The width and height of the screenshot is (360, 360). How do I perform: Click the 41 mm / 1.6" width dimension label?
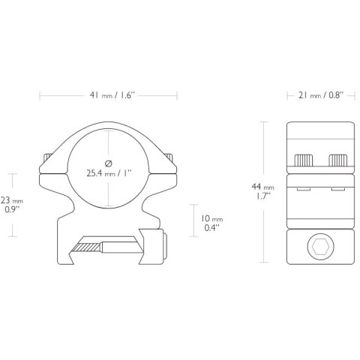[x=112, y=95]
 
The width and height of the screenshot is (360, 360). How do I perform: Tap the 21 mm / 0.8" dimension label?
[x=321, y=95]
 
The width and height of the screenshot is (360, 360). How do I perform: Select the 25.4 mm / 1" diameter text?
[x=109, y=173]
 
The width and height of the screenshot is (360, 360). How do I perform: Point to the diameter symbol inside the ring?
[x=109, y=163]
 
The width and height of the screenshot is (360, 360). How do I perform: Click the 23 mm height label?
[x=12, y=200]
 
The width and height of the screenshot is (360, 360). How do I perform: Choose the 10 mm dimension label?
[x=212, y=219]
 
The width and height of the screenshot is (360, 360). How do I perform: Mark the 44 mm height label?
[x=262, y=187]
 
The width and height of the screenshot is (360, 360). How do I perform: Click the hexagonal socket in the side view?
[x=321, y=247]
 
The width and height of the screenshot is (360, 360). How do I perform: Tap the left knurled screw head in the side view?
[x=304, y=160]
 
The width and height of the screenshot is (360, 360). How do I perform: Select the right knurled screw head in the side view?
[x=337, y=160]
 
